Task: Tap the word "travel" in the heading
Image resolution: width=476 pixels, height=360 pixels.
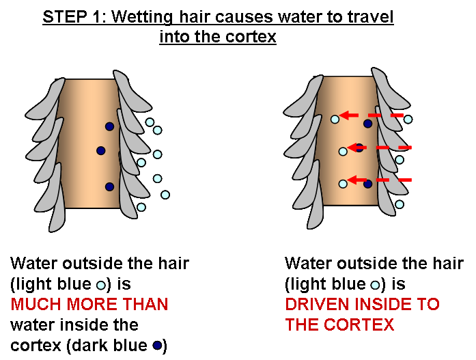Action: [x=370, y=17]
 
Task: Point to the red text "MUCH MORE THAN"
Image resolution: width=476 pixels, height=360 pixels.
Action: [x=89, y=304]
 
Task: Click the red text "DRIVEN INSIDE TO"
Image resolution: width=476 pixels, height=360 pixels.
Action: [x=362, y=304]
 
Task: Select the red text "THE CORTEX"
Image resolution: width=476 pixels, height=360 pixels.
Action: [x=339, y=324]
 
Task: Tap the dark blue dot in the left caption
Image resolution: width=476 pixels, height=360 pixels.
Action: [x=156, y=346]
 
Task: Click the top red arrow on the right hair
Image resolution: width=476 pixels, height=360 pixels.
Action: [x=372, y=115]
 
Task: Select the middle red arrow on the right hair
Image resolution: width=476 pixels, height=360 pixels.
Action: [x=379, y=147]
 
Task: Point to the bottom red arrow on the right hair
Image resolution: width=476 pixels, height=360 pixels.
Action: [x=379, y=180]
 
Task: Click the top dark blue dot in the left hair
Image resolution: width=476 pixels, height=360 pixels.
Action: [x=109, y=126]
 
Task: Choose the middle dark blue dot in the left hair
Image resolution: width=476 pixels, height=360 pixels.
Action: [x=100, y=150]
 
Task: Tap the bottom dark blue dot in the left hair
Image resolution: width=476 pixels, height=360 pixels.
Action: [x=109, y=186]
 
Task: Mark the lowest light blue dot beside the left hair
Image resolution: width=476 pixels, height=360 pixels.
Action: [x=141, y=206]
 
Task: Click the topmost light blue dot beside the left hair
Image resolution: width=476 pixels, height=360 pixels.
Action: [x=150, y=122]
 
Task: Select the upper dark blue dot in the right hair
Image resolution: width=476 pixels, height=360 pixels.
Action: [x=367, y=124]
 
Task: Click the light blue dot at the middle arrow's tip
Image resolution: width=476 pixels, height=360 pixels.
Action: [x=344, y=152]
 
